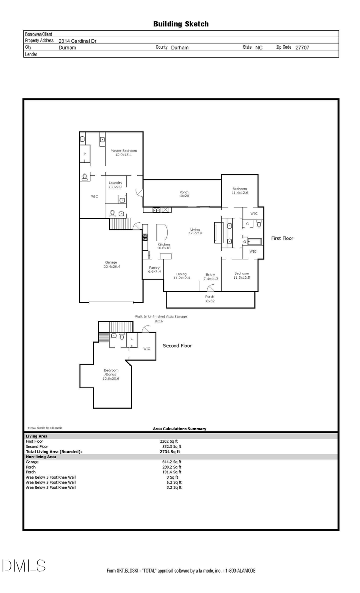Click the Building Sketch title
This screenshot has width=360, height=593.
[x=181, y=24]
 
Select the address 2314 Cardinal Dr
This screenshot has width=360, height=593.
[x=77, y=41]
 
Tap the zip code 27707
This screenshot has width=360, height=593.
[x=302, y=47]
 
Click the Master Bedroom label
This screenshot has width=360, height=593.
[x=124, y=153]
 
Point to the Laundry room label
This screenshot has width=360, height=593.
[x=115, y=185]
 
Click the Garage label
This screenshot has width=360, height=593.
[x=111, y=264]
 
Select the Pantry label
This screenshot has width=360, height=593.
[x=154, y=270]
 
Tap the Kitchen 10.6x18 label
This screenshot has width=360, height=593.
[x=164, y=246]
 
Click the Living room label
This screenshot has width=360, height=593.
[x=195, y=231]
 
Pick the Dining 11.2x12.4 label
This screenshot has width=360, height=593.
[x=182, y=276]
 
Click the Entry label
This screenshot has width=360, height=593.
[x=210, y=277]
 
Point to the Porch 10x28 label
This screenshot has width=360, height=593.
[x=184, y=194]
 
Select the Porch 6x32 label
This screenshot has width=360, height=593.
[x=210, y=299]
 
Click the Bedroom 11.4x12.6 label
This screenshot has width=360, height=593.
[x=240, y=191]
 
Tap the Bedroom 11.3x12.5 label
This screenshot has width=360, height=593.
[x=242, y=276]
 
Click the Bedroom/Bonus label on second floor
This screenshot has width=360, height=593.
[x=111, y=374]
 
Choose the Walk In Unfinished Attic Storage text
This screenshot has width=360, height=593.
[x=161, y=317]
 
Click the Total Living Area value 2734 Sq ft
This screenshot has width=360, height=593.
[x=170, y=451]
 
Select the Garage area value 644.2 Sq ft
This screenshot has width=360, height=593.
[x=172, y=462]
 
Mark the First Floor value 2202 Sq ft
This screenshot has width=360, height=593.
[x=169, y=441]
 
